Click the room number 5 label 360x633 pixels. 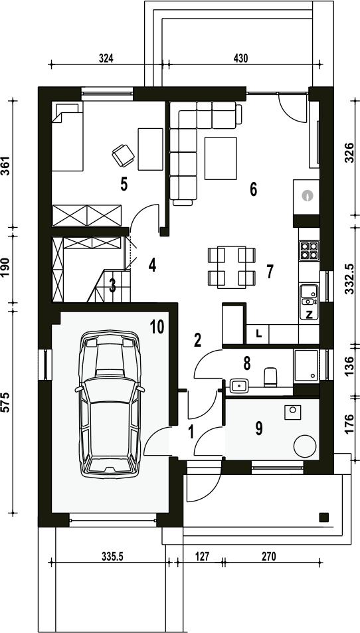124,184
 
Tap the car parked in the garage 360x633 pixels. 110,404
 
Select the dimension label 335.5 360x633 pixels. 110,557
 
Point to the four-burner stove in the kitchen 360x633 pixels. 309,250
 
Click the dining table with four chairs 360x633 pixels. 232,267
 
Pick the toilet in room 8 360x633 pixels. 270,377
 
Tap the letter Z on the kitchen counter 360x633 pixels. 309,315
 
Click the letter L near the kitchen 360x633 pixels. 259,334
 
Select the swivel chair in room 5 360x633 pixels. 123,155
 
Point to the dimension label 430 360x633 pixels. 240,58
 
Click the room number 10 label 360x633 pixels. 157,327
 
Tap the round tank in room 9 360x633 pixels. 305,446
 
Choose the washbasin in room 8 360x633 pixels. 239,386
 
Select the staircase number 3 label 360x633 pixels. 113,286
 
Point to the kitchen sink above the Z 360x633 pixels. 309,295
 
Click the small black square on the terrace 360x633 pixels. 323,517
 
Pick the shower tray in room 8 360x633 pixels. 306,366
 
